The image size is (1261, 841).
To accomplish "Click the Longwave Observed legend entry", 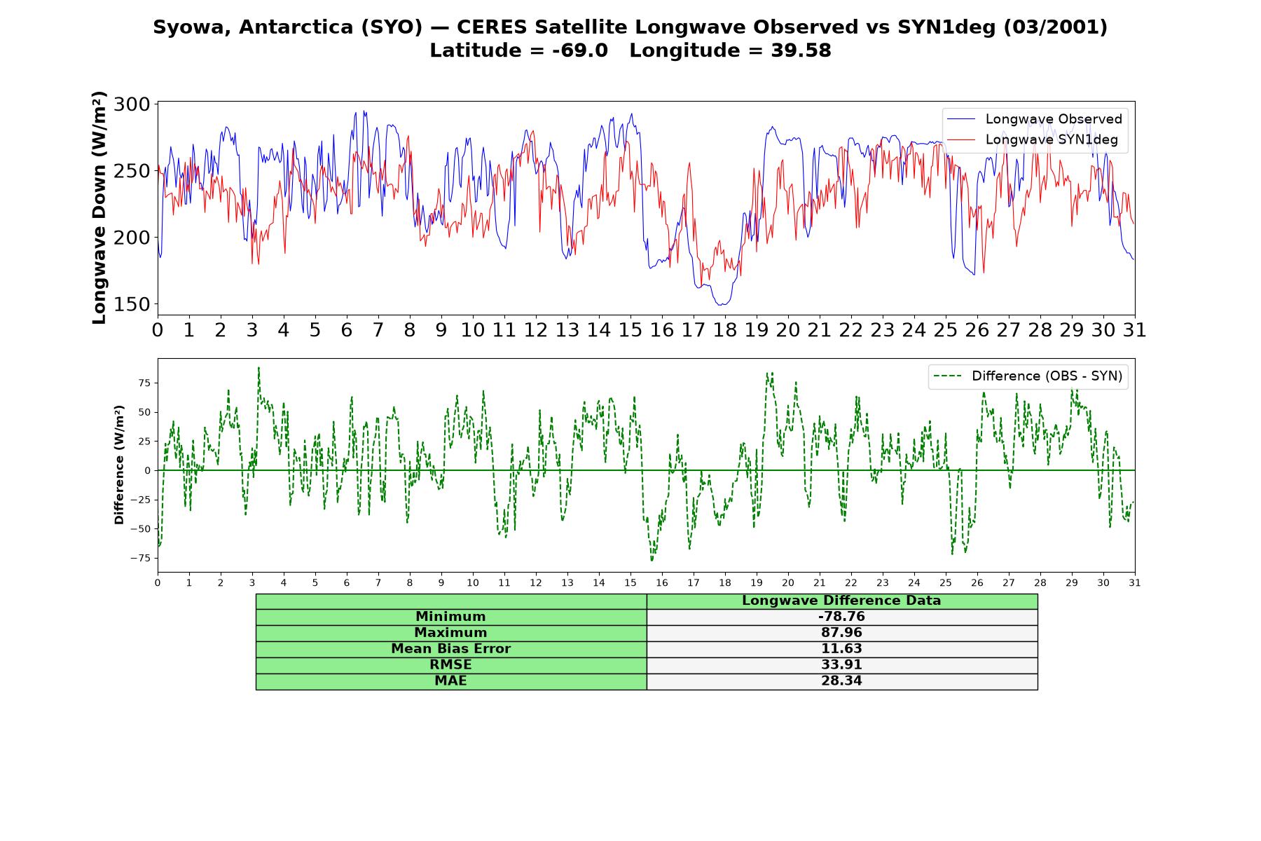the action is click(x=1034, y=119).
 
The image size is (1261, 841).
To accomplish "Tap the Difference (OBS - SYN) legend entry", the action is click(x=1028, y=376).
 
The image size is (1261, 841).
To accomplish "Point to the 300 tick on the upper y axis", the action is click(x=132, y=104).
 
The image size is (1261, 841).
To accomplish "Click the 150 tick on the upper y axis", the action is click(x=132, y=304).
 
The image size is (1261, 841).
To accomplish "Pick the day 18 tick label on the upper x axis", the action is click(x=724, y=330).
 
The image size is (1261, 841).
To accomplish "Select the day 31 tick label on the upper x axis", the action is click(x=1134, y=330).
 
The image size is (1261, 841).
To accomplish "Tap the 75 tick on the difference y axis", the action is click(x=144, y=383).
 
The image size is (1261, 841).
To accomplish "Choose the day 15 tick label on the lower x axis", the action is click(x=630, y=582).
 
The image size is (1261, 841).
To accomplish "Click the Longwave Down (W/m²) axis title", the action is click(x=99, y=207).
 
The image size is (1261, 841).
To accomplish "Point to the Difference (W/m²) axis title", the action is click(x=119, y=465).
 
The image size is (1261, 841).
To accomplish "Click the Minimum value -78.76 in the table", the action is click(x=841, y=617).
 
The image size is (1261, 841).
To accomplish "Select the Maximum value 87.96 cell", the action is click(x=841, y=633).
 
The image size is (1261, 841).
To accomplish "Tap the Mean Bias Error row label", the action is click(x=450, y=649).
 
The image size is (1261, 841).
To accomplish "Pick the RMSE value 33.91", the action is click(x=841, y=665).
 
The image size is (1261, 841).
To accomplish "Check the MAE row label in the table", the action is click(x=450, y=681).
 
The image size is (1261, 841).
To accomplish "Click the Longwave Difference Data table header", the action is click(x=841, y=601).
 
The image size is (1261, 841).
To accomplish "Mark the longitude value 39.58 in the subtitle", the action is click(x=801, y=50).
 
